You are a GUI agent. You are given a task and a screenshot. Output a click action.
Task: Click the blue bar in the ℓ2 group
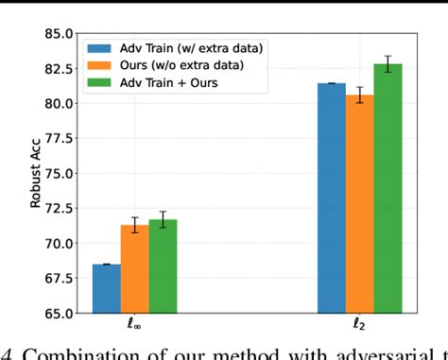331,197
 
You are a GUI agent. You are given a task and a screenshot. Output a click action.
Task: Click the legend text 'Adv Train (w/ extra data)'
181,47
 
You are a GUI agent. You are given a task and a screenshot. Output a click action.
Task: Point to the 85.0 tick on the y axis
56,33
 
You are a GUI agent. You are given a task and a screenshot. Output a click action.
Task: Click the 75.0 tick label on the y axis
56,173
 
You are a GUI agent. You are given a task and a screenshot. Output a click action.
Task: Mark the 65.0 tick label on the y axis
56,313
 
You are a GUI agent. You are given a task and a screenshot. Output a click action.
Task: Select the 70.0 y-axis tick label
56,243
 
